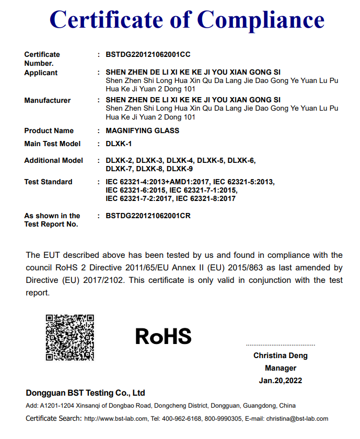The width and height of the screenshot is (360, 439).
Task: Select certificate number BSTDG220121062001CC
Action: [x=148, y=54]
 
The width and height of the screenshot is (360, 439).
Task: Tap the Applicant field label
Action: [x=41, y=73]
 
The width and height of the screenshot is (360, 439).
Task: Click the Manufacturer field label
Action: [x=47, y=100]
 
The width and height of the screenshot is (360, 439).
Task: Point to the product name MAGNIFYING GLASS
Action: [x=142, y=130]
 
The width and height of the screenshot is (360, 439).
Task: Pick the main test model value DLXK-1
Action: [x=119, y=144]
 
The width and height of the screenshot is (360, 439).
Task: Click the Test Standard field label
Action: [x=48, y=182]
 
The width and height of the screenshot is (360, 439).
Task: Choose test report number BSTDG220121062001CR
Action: [x=148, y=216]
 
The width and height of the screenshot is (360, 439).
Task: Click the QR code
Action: [x=69, y=337]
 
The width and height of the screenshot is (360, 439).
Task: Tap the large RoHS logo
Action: [x=163, y=336]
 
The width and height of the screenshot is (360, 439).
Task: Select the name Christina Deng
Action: [x=281, y=355]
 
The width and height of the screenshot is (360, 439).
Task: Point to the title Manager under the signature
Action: [x=281, y=368]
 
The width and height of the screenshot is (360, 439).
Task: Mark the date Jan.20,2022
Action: [x=281, y=381]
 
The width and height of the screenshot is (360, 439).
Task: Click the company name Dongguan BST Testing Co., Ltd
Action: [x=85, y=393]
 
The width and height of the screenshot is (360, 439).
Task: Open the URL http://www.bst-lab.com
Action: [x=116, y=419]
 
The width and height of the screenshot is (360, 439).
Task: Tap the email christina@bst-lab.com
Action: [x=297, y=419]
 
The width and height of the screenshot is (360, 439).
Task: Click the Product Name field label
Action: [x=49, y=130]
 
